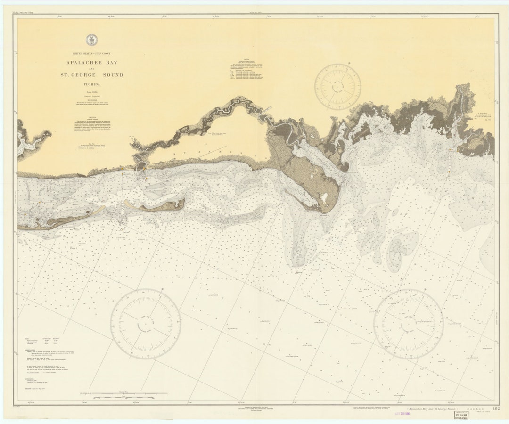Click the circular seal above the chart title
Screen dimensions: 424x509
coord(92,40)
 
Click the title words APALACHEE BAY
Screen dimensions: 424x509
coord(92,62)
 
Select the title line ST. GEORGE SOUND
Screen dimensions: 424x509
coord(92,75)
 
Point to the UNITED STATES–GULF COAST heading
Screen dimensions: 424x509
coord(92,54)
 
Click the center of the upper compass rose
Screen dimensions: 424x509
coord(337,87)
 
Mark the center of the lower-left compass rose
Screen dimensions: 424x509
coord(146,324)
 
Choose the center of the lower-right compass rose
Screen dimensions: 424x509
coord(408,324)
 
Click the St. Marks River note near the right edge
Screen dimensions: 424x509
coord(483,115)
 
